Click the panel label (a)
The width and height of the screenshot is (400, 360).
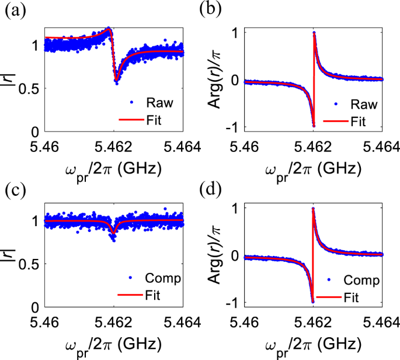[16, 10]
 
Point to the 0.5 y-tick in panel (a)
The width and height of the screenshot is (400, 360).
[31, 88]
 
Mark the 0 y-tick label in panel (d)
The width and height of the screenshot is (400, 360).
[236, 255]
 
